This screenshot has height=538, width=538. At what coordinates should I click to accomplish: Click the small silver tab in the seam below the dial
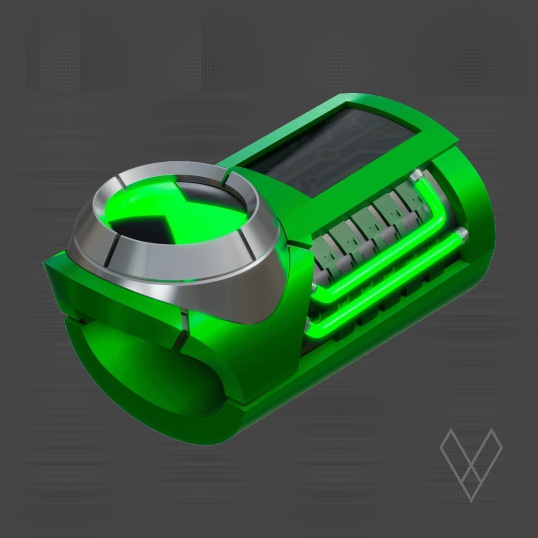(x=183, y=327)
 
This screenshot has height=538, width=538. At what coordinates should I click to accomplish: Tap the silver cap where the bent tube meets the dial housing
(x=313, y=289)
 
